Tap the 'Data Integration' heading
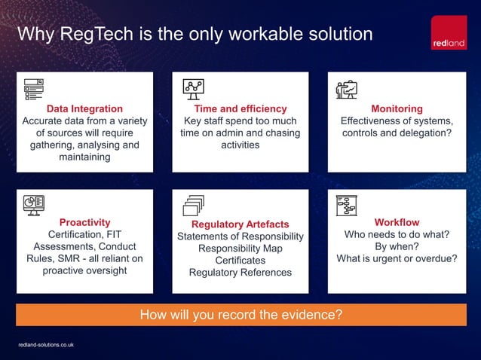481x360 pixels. point(84,108)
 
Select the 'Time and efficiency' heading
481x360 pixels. point(240,108)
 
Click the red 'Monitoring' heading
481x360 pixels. point(397,108)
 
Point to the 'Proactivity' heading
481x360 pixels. point(84,222)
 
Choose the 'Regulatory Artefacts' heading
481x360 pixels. point(240,224)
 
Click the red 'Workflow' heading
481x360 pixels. point(397,222)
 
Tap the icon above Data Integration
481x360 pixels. point(34,88)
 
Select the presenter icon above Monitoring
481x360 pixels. point(347,89)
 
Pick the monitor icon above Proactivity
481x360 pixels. point(34,205)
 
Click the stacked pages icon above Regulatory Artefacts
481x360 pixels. point(194,206)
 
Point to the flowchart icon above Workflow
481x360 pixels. point(347,206)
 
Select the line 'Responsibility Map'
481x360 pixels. point(240,249)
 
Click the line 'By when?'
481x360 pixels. point(397,246)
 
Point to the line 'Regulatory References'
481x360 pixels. point(240,273)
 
